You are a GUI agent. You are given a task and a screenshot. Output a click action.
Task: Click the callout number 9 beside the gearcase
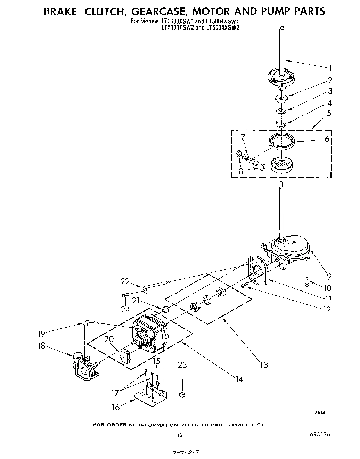pyautogui.click(x=329, y=277)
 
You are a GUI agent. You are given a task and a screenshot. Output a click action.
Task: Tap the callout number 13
pyautogui.click(x=264, y=364)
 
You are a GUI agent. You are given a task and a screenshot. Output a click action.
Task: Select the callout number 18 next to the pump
pyautogui.click(x=42, y=346)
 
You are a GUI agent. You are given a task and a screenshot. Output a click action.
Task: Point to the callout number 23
pyautogui.click(x=182, y=365)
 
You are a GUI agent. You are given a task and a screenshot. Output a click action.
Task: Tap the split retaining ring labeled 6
pyautogui.click(x=282, y=141)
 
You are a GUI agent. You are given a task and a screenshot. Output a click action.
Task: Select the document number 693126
pyautogui.click(x=318, y=435)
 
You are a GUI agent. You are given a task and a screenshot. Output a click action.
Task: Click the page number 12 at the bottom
pyautogui.click(x=180, y=435)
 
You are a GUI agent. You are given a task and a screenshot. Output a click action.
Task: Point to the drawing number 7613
pyautogui.click(x=320, y=412)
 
